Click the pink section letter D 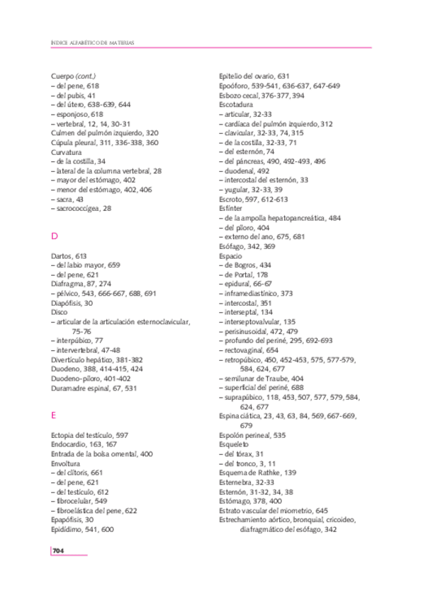coord(55,236)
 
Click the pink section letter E coord(54,415)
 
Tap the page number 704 coord(59,550)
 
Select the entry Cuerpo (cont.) coord(74,76)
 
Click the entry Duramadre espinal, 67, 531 coord(94,388)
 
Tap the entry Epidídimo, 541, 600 coord(82,529)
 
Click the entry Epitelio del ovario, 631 coord(254,76)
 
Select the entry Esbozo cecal coord(262,95)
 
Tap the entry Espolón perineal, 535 coord(253,435)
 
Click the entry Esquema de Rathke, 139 coord(258,473)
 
